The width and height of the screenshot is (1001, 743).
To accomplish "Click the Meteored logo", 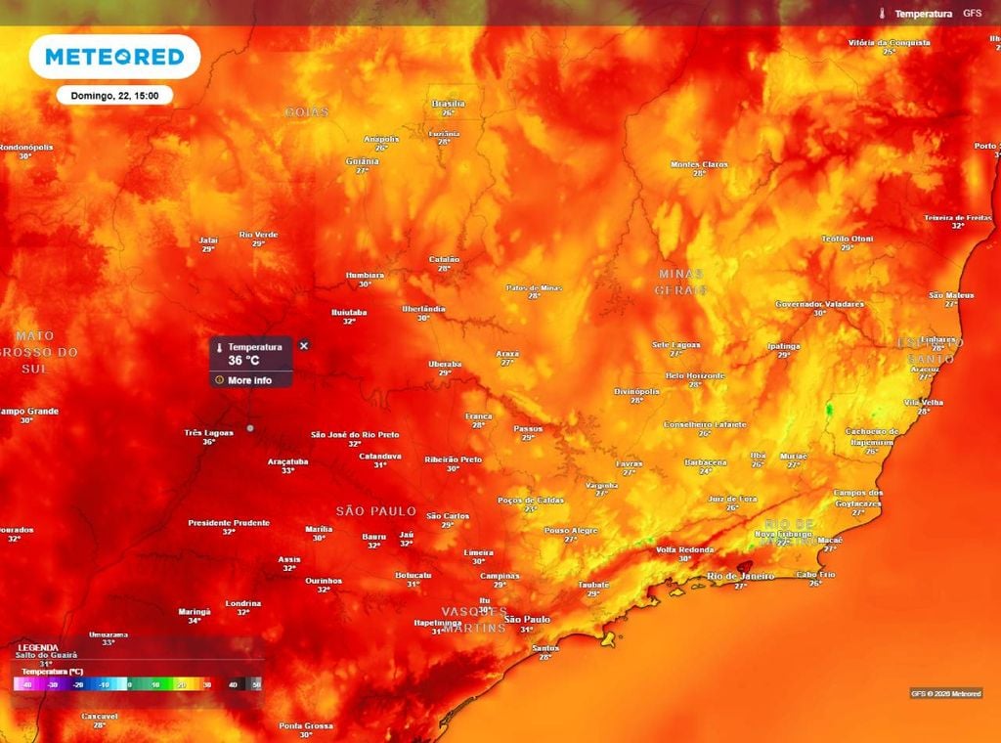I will click(114, 57).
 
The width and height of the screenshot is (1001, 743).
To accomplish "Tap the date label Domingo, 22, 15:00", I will click(114, 96).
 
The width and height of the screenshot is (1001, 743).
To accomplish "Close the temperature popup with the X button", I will click(304, 346).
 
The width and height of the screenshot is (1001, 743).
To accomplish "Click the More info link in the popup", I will click(249, 380).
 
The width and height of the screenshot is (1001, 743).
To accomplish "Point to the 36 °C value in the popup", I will click(244, 361).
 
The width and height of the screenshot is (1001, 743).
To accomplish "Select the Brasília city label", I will click(448, 103).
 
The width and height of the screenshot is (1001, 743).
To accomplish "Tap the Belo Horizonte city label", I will click(695, 375).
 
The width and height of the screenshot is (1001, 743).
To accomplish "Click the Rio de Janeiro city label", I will click(740, 576).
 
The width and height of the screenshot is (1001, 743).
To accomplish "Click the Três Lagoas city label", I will click(207, 432).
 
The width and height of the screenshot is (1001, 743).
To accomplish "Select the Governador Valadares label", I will click(819, 304).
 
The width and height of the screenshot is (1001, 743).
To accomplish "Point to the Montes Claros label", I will click(699, 164).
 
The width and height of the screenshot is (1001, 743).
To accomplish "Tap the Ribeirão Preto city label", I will click(453, 459).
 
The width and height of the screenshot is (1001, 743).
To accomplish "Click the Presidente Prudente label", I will click(229, 523).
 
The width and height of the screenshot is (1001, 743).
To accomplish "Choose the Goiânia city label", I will click(362, 161).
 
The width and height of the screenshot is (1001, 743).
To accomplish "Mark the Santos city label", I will click(544, 647).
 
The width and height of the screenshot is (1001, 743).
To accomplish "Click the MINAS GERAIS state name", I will click(681, 282).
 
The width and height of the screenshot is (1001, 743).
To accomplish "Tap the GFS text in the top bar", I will click(972, 14).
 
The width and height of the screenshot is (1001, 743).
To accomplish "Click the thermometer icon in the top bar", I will click(883, 14).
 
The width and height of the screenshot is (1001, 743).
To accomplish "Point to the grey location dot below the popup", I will click(250, 427).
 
